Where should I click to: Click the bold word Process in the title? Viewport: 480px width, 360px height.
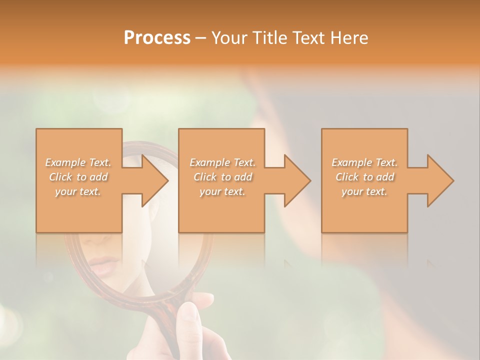[x=157, y=38]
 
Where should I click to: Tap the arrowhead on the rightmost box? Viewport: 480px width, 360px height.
[x=439, y=180]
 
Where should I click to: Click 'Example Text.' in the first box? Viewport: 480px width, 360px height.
[x=78, y=162]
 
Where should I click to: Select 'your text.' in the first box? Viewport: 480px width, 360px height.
[x=78, y=191]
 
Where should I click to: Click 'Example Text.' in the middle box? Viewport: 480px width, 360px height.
[x=222, y=162]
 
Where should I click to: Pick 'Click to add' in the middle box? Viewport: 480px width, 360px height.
[x=222, y=177]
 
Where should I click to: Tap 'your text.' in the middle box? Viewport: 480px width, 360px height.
[x=222, y=191]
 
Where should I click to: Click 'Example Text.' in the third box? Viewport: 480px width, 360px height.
[x=364, y=162]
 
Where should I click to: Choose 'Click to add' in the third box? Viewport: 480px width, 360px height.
[x=364, y=177]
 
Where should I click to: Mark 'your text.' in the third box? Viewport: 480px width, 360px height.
[x=364, y=191]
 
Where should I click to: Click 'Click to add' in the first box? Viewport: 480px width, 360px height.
[x=78, y=177]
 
